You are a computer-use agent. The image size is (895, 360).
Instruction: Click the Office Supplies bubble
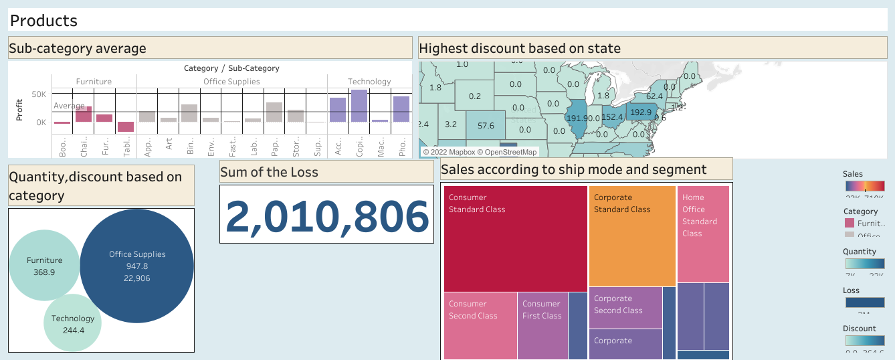pyautogui.click(x=136, y=266)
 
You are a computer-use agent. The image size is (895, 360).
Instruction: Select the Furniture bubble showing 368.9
pyautogui.click(x=45, y=266)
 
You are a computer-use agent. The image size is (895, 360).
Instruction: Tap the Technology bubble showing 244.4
pyautogui.click(x=73, y=324)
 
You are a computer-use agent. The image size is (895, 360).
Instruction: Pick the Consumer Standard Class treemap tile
pyautogui.click(x=515, y=238)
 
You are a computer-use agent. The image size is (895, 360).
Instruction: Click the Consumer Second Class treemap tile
pyautogui.click(x=480, y=325)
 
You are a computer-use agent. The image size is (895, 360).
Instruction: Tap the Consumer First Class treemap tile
pyautogui.click(x=542, y=325)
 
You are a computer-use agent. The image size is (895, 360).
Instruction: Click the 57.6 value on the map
pyautogui.click(x=486, y=126)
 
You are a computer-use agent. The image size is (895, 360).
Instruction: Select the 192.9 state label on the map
pyautogui.click(x=641, y=112)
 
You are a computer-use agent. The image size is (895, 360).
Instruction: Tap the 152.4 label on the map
pyautogui.click(x=612, y=117)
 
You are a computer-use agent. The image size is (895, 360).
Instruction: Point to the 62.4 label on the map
pyautogui.click(x=654, y=96)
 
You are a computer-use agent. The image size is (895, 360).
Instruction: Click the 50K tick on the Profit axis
pyautogui.click(x=39, y=94)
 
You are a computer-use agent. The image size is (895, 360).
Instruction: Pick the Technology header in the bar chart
pyautogui.click(x=369, y=82)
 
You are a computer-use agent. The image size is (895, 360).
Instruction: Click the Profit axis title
pyautogui.click(x=20, y=109)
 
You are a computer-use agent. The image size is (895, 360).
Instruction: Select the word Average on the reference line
pyautogui.click(x=70, y=106)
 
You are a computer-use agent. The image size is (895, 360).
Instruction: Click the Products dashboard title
pyautogui.click(x=44, y=21)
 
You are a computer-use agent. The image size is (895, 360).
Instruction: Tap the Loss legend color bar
pyautogui.click(x=864, y=302)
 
